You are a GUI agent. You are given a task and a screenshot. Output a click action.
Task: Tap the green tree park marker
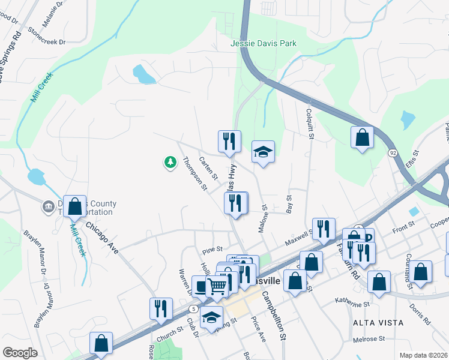tap(170, 162)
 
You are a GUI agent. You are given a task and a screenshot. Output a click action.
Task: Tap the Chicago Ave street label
tap(102, 238)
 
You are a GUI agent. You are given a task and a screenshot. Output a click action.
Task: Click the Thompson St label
tap(195, 173)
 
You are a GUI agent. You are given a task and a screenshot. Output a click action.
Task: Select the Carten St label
tap(208, 166)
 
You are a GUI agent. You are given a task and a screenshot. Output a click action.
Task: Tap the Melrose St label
tap(369, 339)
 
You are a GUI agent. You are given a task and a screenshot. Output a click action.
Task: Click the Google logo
tap(20, 353)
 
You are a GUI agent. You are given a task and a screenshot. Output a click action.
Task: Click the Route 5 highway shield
tap(193, 308)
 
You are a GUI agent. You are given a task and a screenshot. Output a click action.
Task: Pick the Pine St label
tap(212, 249)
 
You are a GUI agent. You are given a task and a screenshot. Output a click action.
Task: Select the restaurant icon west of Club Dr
tap(161, 308)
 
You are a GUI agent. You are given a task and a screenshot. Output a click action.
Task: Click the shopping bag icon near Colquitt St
tap(363, 137)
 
